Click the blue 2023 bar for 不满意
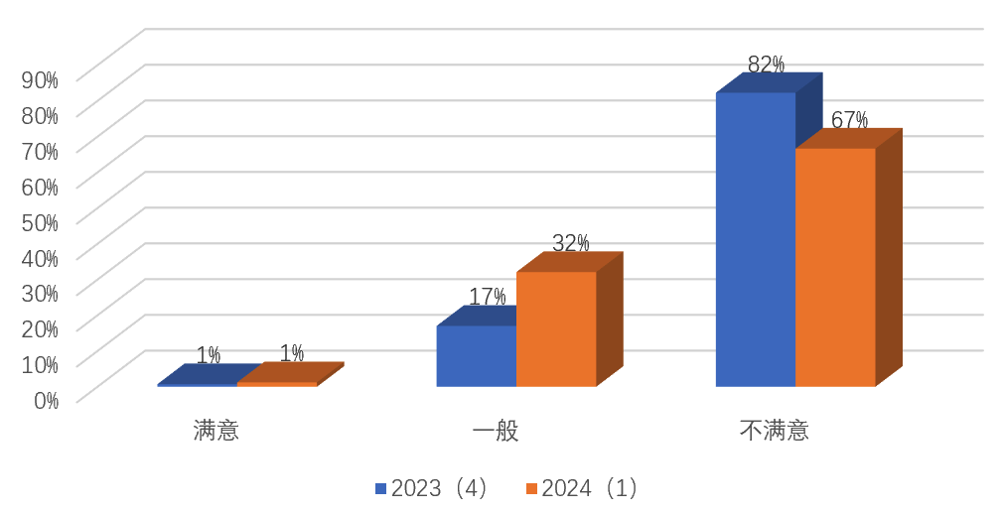click(x=755, y=238)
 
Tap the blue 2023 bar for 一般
click(x=476, y=355)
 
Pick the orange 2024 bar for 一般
click(x=556, y=327)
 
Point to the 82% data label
click(x=766, y=64)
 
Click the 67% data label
click(x=849, y=120)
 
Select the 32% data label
click(x=570, y=243)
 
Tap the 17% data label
click(x=487, y=297)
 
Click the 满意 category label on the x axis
click(x=216, y=431)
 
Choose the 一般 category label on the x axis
click(x=496, y=431)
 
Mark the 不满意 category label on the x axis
click(x=775, y=431)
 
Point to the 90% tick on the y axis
click(x=40, y=78)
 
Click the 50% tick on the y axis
click(x=40, y=221)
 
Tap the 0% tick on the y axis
click(x=46, y=400)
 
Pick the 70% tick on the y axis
click(x=40, y=150)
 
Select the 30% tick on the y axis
click(x=40, y=293)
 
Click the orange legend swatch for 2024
click(x=531, y=488)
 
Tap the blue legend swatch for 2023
click(x=380, y=488)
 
